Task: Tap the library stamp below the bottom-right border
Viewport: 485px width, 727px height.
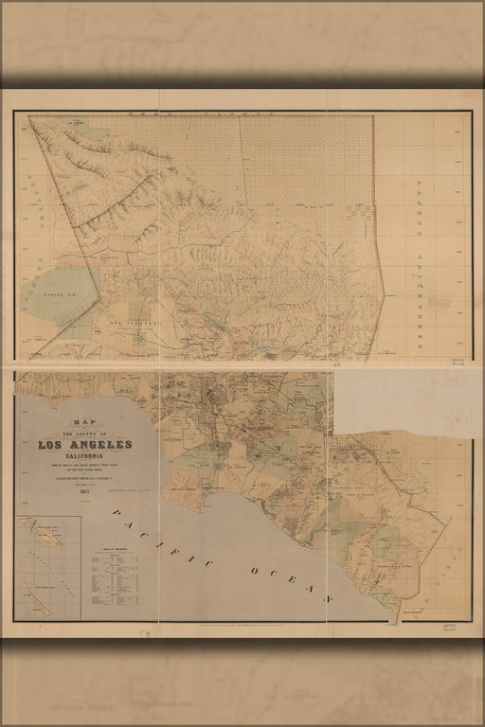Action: (x=449, y=627)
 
